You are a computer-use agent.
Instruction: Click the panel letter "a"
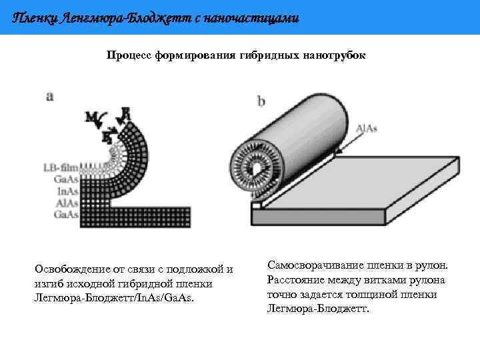[49, 96]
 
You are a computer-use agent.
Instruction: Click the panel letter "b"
[261, 101]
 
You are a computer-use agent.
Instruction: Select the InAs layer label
[67, 191]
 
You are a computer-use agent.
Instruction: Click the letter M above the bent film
[91, 118]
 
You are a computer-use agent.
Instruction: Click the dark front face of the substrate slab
[320, 217]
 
